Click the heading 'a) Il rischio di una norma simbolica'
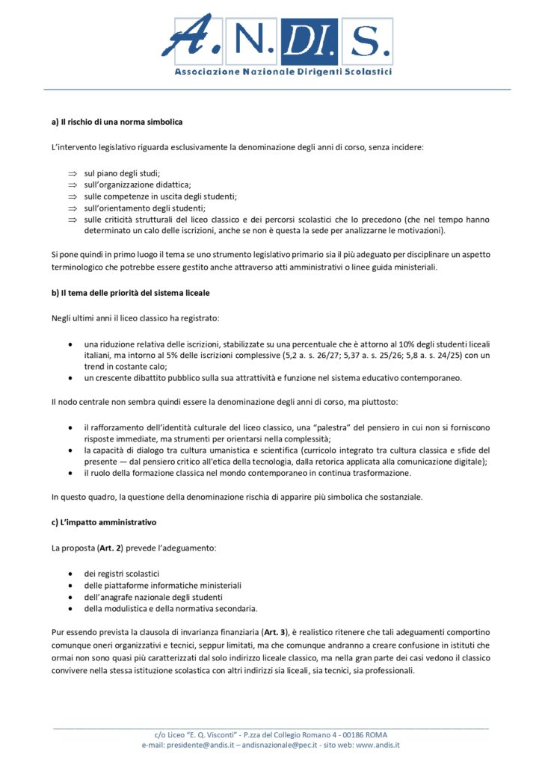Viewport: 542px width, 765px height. [x=117, y=121]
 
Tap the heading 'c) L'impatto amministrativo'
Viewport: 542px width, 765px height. [x=104, y=521]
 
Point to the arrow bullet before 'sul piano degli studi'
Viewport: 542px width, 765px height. [x=73, y=173]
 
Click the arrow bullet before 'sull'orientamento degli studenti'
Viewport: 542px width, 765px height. [x=73, y=208]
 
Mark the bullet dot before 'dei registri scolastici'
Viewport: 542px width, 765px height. [x=70, y=574]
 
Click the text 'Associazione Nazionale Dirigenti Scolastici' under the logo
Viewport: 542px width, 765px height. [x=283, y=72]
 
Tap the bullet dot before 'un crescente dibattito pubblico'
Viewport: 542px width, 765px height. [x=70, y=378]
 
